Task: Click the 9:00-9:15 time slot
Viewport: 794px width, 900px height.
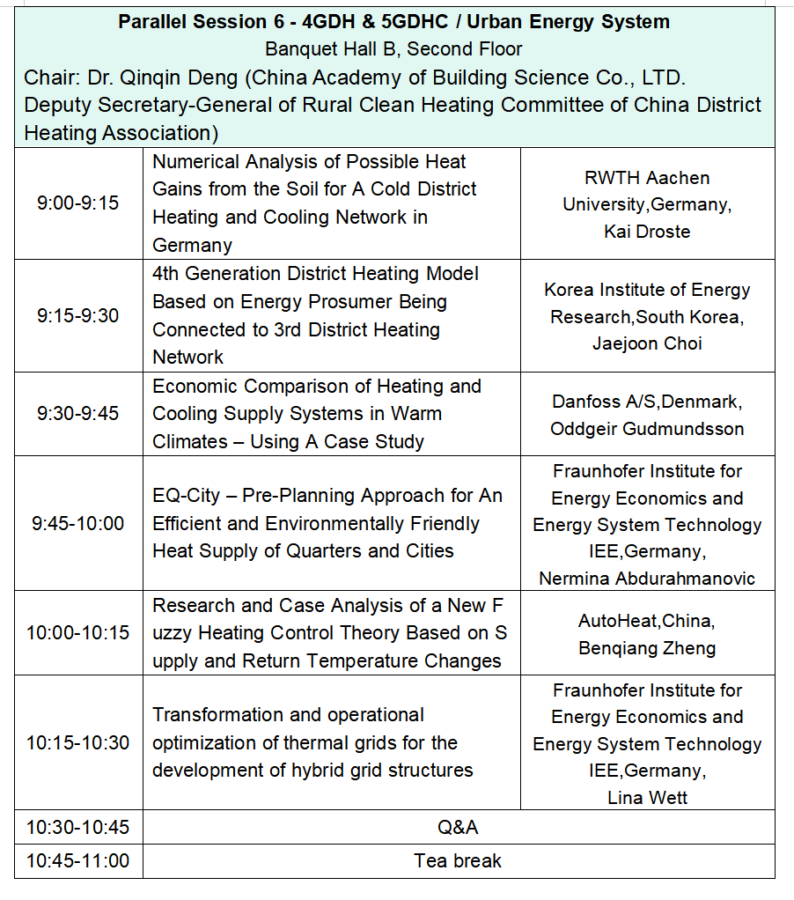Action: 77,203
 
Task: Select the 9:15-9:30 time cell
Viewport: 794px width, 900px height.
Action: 77,315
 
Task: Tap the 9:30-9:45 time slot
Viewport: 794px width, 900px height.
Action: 77,414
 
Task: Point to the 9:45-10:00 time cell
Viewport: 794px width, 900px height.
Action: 77,524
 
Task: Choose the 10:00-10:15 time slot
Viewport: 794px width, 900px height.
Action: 77,633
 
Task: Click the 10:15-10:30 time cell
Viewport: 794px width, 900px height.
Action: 77,743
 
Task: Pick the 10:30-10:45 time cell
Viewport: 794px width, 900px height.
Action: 77,828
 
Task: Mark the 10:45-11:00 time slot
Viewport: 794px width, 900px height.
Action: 77,861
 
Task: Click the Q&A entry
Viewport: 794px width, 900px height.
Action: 458,828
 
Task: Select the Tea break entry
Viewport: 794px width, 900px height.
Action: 458,861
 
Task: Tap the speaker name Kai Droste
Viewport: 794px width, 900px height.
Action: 648,232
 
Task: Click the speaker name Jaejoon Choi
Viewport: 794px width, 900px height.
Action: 647,343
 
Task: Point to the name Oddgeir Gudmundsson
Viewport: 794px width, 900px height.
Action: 647,430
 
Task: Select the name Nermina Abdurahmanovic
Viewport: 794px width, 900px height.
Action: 647,579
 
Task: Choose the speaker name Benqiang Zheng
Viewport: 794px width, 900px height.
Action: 647,649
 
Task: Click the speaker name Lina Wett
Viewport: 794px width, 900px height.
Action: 647,798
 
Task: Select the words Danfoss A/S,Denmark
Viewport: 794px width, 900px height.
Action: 647,402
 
